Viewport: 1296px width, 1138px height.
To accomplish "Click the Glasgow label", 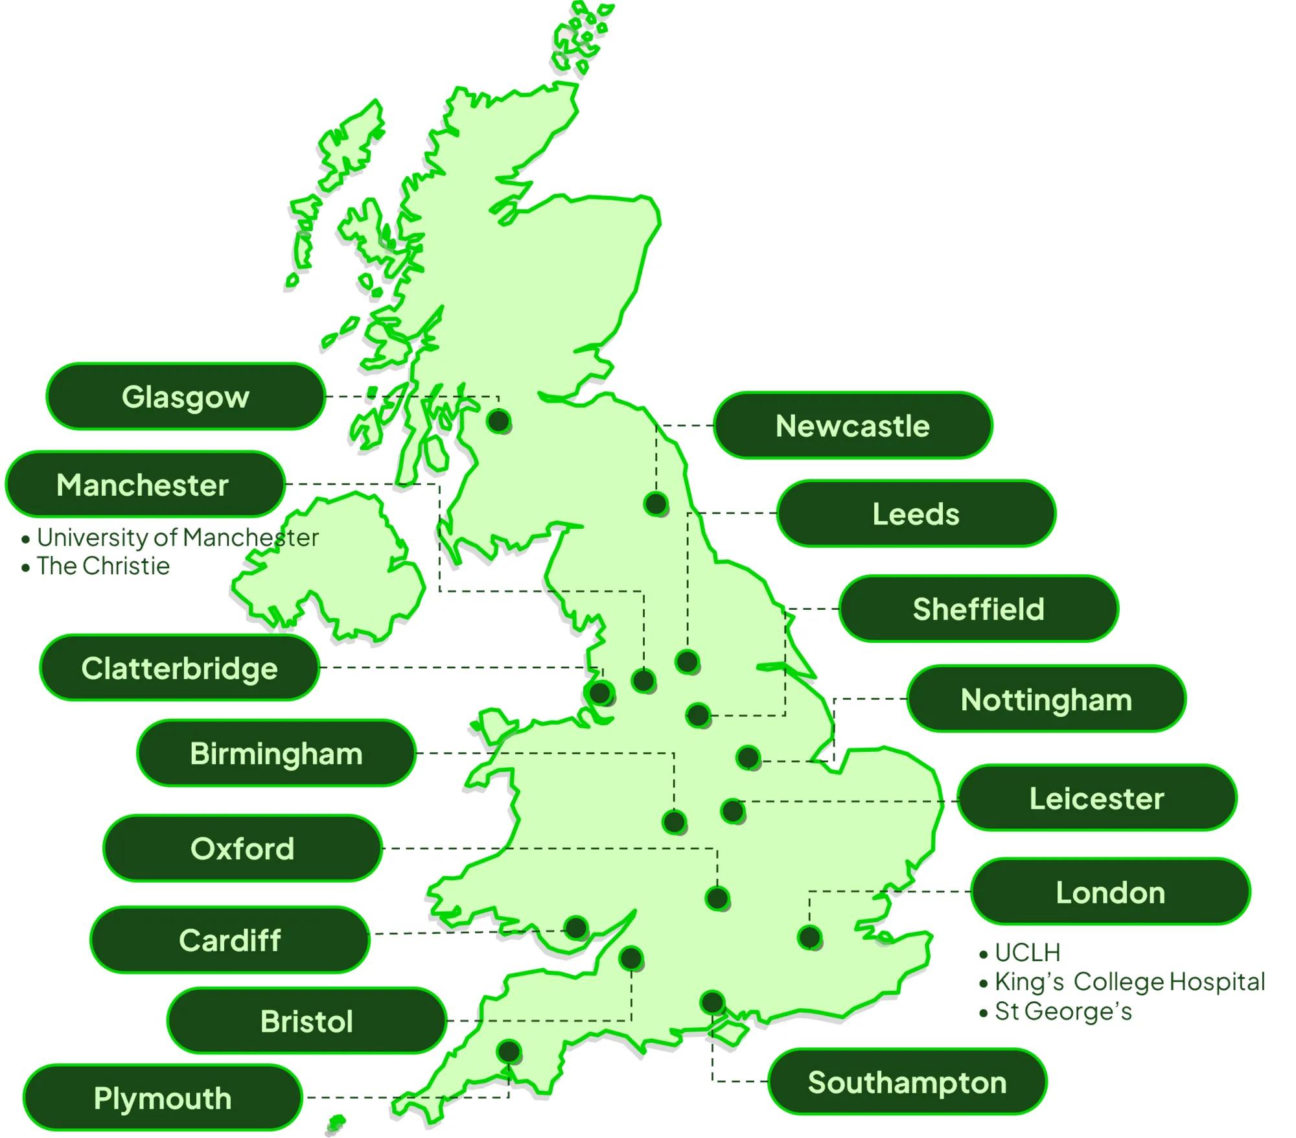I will [x=185, y=397].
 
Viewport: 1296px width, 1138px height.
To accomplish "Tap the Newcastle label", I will [x=852, y=426].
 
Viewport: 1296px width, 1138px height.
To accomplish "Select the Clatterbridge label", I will [x=179, y=668].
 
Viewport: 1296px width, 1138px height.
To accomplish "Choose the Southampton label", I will [x=907, y=1083].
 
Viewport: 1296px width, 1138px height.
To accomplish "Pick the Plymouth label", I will [x=163, y=1098].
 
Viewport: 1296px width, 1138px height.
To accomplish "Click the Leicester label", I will [x=1096, y=798].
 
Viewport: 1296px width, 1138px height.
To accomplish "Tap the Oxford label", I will [x=242, y=848].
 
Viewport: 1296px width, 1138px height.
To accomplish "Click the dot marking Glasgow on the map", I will [x=499, y=421].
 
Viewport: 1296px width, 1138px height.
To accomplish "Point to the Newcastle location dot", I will [x=656, y=504].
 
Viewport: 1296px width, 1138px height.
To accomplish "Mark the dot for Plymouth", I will [x=509, y=1051].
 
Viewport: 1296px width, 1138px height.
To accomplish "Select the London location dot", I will [x=809, y=937].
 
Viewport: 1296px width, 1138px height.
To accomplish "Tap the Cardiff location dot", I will [x=576, y=928].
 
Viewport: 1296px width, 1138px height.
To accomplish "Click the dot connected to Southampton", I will [x=712, y=1003].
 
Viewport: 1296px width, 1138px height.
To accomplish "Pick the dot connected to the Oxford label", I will [x=717, y=898].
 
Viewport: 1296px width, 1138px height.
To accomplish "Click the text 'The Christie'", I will [x=103, y=566].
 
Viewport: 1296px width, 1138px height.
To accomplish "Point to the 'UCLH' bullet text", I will [x=1028, y=953].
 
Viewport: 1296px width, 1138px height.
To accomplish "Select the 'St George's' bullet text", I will [x=1063, y=1012].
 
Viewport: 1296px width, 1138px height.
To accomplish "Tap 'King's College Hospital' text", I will [x=1129, y=982].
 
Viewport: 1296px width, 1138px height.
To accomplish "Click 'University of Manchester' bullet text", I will [x=178, y=538].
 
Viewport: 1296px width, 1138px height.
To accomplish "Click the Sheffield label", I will [x=978, y=609].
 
